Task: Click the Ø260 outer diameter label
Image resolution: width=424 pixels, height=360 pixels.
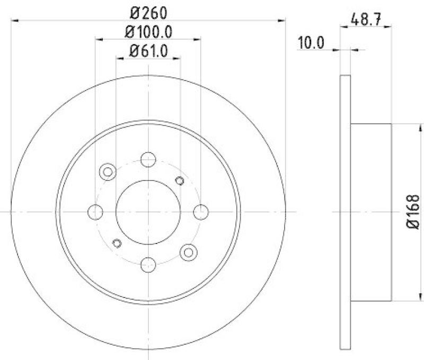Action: (148, 11)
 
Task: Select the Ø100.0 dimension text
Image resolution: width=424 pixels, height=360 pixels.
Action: (148, 31)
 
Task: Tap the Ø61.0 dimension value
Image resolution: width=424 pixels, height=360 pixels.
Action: (148, 51)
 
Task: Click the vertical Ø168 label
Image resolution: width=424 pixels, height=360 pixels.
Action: (414, 212)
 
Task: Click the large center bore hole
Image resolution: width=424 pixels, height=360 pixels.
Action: (148, 212)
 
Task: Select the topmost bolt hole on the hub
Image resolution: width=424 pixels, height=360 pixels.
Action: (148, 159)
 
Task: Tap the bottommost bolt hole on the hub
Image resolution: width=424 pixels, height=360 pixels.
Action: (148, 264)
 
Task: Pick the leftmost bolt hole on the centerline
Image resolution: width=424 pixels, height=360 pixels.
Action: (95, 212)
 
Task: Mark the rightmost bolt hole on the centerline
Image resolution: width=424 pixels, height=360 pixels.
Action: (201, 212)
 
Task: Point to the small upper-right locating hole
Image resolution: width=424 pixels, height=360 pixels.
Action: (179, 181)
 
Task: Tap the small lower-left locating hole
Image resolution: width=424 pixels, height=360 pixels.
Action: (118, 243)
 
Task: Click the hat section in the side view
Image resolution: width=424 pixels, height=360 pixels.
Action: (371, 212)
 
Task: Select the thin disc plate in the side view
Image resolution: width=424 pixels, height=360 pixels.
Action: (344, 212)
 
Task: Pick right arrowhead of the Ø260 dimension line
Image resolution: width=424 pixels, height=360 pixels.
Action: (282, 21)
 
